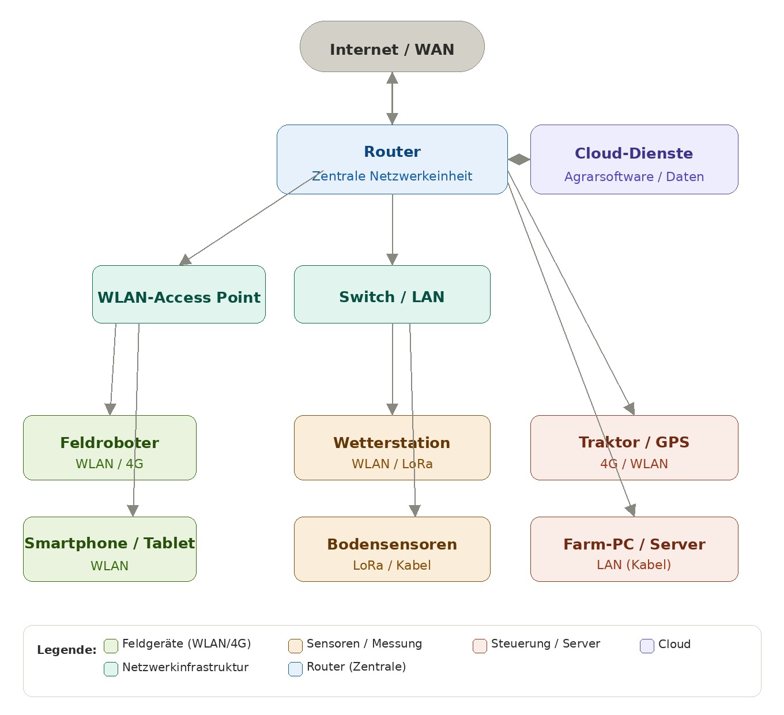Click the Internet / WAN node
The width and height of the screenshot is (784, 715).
click(392, 47)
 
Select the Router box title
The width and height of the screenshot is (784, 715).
click(392, 152)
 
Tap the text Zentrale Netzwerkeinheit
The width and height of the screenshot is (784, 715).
click(392, 176)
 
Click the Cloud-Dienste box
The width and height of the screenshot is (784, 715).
click(634, 160)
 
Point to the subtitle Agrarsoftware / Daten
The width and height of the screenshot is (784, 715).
click(634, 176)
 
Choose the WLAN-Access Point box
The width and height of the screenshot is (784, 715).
click(179, 295)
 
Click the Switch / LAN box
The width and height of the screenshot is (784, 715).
click(392, 295)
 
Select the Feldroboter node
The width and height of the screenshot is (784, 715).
click(110, 447)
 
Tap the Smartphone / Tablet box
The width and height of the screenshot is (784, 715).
click(110, 549)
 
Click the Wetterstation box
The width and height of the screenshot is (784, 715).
click(392, 447)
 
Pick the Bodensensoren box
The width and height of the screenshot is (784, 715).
click(392, 549)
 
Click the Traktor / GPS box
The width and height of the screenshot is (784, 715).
click(634, 447)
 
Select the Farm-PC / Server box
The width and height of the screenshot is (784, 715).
click(634, 549)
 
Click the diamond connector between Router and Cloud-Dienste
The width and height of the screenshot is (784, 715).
click(519, 160)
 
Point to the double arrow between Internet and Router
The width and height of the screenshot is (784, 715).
click(392, 99)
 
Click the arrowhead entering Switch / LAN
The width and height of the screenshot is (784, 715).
click(392, 259)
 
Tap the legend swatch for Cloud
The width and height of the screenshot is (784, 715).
click(647, 646)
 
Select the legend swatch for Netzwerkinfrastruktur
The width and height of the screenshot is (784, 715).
click(111, 669)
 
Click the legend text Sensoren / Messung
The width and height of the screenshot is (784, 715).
click(364, 643)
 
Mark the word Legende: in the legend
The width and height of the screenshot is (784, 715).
click(67, 650)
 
